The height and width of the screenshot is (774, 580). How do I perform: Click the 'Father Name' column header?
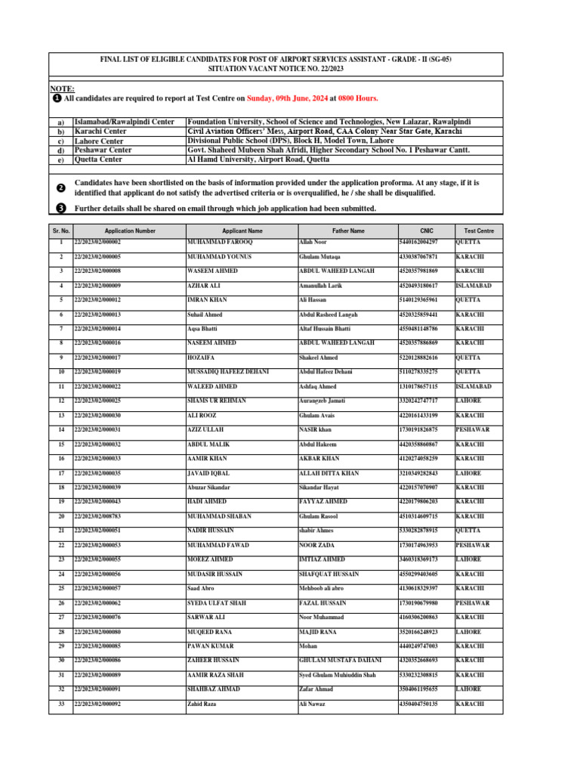click(347, 231)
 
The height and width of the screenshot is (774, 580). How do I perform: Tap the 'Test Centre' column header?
click(479, 231)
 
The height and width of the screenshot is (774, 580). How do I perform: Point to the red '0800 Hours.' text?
click(358, 98)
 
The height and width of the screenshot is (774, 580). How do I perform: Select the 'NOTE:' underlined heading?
click(62, 89)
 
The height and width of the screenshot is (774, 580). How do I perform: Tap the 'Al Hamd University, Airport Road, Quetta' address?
click(261, 159)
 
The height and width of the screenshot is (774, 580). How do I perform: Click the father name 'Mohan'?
click(309, 646)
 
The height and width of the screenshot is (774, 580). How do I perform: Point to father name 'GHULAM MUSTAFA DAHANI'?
click(341, 660)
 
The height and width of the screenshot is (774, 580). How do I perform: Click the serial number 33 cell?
click(60, 704)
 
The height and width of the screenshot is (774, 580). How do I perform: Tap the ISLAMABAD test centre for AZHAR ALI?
click(474, 286)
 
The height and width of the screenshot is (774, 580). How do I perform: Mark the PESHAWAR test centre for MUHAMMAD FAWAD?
click(473, 545)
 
